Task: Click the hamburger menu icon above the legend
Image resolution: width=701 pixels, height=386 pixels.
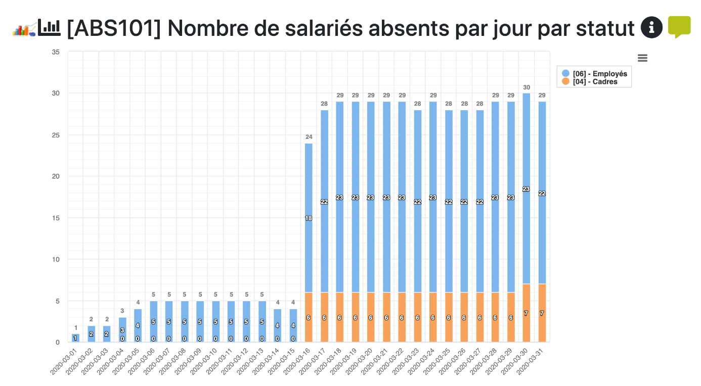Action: click(x=642, y=58)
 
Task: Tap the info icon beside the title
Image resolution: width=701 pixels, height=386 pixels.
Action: click(x=651, y=27)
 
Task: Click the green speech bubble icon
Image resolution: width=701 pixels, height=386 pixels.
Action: click(x=679, y=26)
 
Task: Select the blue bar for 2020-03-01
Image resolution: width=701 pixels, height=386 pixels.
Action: click(x=75, y=337)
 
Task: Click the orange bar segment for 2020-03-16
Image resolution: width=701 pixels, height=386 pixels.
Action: click(x=309, y=317)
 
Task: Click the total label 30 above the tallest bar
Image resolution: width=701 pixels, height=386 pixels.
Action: click(x=526, y=87)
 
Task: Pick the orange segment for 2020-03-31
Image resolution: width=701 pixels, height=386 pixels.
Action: click(x=542, y=313)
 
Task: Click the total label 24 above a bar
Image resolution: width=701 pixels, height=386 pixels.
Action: click(x=309, y=137)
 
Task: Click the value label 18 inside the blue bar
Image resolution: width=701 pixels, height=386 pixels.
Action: click(x=309, y=218)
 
